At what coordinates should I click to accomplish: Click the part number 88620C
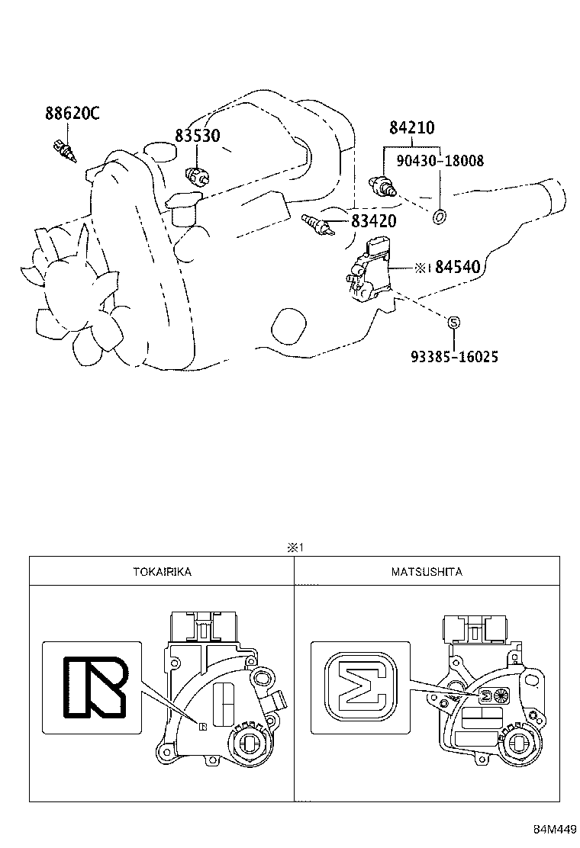click(x=72, y=114)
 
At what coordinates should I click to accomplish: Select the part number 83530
click(x=197, y=136)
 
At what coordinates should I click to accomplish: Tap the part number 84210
click(x=412, y=128)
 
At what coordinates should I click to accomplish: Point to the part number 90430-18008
click(x=440, y=161)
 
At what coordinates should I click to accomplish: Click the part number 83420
click(x=373, y=221)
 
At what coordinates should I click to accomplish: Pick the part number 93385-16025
click(x=453, y=356)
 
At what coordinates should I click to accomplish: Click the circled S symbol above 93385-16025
click(x=453, y=323)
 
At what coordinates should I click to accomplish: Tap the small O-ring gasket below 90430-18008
click(x=439, y=218)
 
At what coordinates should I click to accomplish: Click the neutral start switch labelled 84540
click(x=369, y=271)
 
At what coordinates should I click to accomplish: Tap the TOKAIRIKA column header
click(x=161, y=571)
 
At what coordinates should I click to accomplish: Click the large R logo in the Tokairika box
click(x=93, y=687)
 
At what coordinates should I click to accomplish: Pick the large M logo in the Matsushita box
click(x=359, y=687)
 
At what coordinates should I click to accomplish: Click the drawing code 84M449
click(x=554, y=830)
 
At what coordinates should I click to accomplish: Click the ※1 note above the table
click(x=295, y=548)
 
